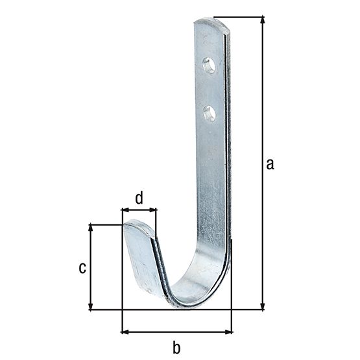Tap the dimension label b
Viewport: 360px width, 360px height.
click(176, 348)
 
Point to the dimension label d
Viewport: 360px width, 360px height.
click(139, 198)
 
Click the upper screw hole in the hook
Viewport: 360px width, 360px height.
click(209, 65)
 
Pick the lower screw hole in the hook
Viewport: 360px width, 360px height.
click(209, 114)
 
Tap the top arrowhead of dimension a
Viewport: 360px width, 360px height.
click(263, 20)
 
